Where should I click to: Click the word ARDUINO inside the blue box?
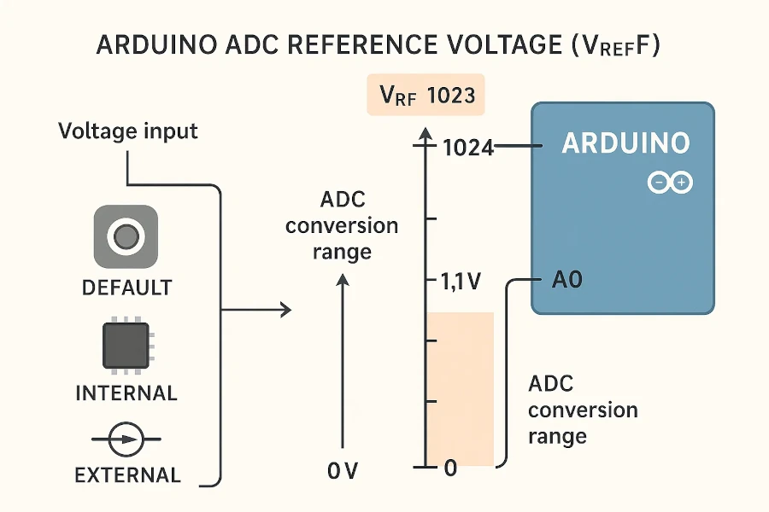[x=625, y=143]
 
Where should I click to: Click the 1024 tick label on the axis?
[x=469, y=148]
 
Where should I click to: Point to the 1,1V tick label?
[x=459, y=282]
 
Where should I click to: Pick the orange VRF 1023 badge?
[x=426, y=95]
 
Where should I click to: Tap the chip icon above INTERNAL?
[x=126, y=346]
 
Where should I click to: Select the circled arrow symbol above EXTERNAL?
[x=126, y=440]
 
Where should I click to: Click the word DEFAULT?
[x=126, y=288]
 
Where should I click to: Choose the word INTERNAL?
[x=126, y=393]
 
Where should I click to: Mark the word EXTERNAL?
[x=127, y=475]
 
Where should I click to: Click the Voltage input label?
[x=128, y=131]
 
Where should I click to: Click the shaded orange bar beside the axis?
[x=461, y=388]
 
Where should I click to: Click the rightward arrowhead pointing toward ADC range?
[x=285, y=311]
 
